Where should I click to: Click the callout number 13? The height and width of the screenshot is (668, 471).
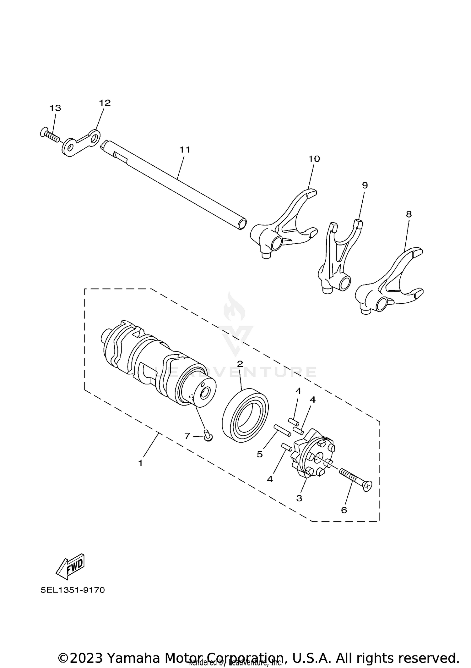pyautogui.click(x=55, y=108)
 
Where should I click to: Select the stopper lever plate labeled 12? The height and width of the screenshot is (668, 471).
pyautogui.click(x=81, y=143)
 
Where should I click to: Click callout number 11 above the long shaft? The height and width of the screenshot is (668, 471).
pyautogui.click(x=185, y=150)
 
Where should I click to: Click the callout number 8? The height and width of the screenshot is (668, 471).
pyautogui.click(x=409, y=214)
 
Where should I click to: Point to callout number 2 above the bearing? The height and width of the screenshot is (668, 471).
pyautogui.click(x=240, y=364)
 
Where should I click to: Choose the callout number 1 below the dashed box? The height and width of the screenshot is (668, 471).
pyautogui.click(x=140, y=463)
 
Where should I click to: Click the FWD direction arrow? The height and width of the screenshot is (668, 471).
pyautogui.click(x=70, y=566)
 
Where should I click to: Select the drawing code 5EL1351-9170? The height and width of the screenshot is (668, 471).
pyautogui.click(x=73, y=590)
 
